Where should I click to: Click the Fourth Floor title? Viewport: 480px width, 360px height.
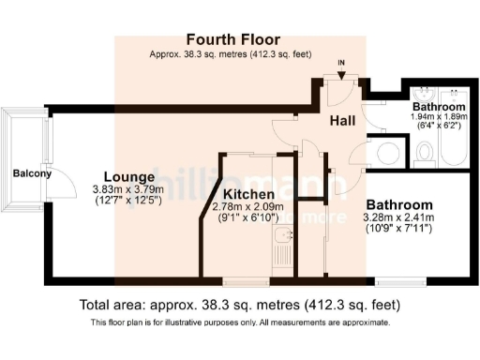pos(230,39)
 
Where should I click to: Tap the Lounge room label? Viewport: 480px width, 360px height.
pos(128,176)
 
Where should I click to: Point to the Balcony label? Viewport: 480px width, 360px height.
pos(32,173)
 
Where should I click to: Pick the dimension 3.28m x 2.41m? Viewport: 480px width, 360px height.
pos(398,217)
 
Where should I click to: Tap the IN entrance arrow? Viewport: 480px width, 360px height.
pos(340,67)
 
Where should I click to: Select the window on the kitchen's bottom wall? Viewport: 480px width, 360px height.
pos(246,279)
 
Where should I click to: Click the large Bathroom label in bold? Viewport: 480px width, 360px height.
pos(398,204)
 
